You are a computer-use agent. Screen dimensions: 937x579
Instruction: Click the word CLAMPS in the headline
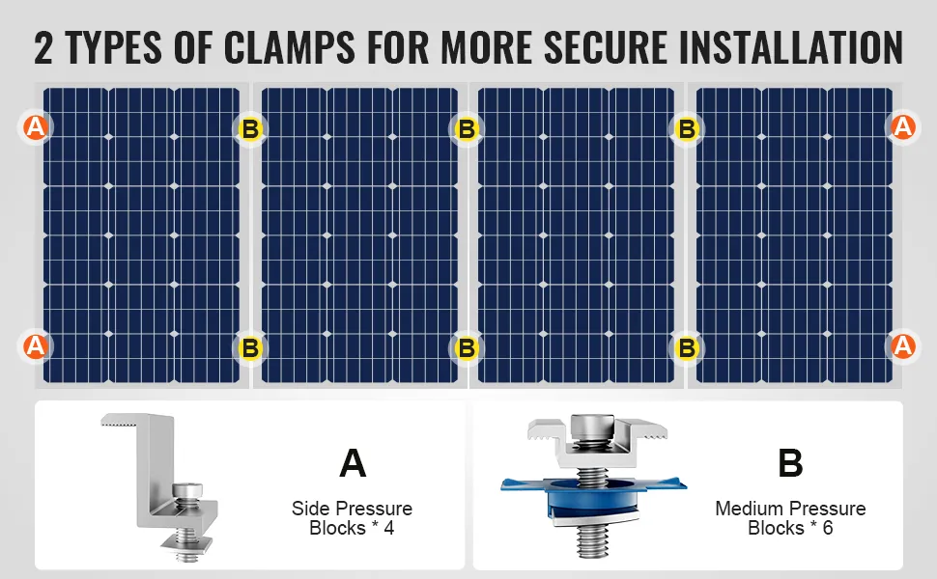pyautogui.click(x=290, y=47)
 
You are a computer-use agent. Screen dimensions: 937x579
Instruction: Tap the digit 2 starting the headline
pyautogui.click(x=43, y=47)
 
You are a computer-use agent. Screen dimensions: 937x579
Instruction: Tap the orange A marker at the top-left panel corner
pyautogui.click(x=35, y=127)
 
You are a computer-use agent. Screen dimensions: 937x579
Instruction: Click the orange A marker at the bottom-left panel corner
pyautogui.click(x=35, y=346)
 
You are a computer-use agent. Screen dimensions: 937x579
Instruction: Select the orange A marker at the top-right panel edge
pyautogui.click(x=903, y=127)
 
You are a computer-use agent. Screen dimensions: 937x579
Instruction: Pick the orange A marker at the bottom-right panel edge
pyautogui.click(x=903, y=346)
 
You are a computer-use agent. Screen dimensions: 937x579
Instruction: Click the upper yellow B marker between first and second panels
pyautogui.click(x=250, y=129)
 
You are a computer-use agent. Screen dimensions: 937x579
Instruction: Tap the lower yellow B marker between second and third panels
pyautogui.click(x=467, y=348)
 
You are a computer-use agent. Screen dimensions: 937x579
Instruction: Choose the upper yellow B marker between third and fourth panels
pyautogui.click(x=687, y=129)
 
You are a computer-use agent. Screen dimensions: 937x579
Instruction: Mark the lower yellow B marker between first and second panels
pyautogui.click(x=250, y=348)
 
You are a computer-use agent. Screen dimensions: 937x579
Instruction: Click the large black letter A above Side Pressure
pyautogui.click(x=353, y=463)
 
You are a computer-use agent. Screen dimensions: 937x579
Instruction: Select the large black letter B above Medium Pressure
pyautogui.click(x=790, y=463)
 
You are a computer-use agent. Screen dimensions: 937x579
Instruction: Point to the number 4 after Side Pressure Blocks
pyautogui.click(x=389, y=528)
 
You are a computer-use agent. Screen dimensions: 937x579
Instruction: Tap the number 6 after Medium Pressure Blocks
pyautogui.click(x=828, y=528)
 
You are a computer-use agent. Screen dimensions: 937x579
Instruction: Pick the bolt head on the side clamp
pyautogui.click(x=187, y=490)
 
